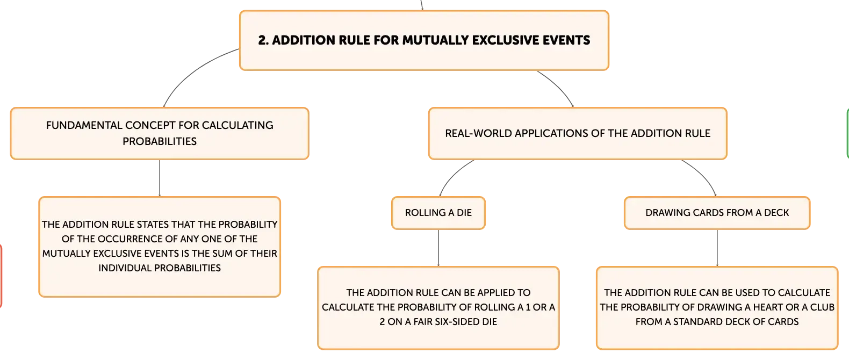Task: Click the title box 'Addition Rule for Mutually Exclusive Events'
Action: (424, 40)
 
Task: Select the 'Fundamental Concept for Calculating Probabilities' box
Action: (160, 133)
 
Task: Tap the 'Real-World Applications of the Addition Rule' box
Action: (578, 133)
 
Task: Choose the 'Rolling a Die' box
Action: (438, 213)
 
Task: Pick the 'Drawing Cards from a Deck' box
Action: (717, 213)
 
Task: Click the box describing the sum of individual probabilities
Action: (160, 247)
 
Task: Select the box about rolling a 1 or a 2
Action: (438, 308)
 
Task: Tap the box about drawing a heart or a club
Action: (717, 308)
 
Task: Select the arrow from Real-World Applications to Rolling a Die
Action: (452, 175)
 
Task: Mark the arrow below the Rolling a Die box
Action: (438, 248)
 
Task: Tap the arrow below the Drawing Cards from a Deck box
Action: (717, 248)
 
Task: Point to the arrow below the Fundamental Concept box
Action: (160, 178)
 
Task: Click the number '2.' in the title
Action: (263, 40)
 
